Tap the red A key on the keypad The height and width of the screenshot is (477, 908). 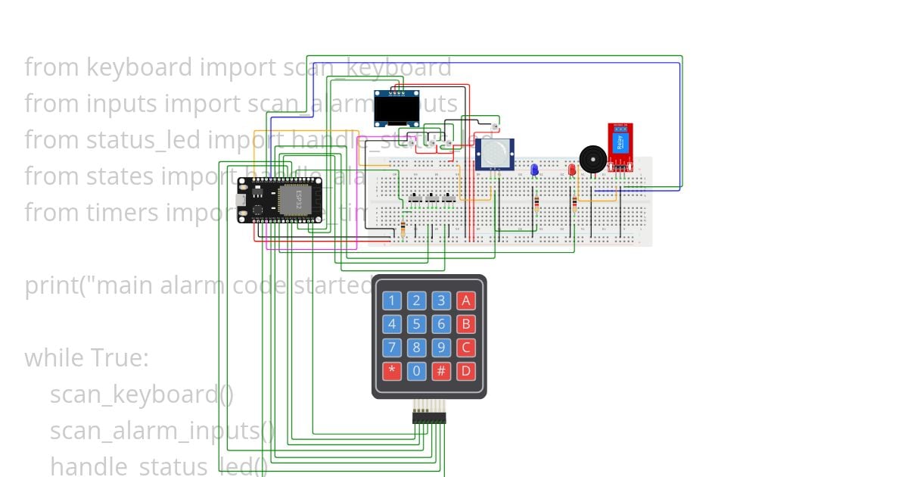pyautogui.click(x=466, y=301)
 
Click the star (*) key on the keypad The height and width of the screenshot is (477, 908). pyautogui.click(x=391, y=371)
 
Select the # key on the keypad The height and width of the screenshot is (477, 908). pyautogui.click(x=441, y=371)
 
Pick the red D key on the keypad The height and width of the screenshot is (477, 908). pyautogui.click(x=466, y=371)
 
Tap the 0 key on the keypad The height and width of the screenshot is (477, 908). pyautogui.click(x=416, y=371)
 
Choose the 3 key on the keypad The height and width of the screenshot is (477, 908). pyautogui.click(x=441, y=301)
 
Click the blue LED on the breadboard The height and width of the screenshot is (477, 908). pyautogui.click(x=533, y=170)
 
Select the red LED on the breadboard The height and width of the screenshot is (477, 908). pyautogui.click(x=572, y=170)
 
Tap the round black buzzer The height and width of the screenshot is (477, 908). pyautogui.click(x=592, y=160)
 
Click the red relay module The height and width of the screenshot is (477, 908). pyautogui.click(x=620, y=146)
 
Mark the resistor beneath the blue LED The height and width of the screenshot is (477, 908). pyautogui.click(x=536, y=203)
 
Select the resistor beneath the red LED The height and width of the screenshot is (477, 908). pyautogui.click(x=574, y=203)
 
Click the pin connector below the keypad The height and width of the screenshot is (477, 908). pyautogui.click(x=429, y=417)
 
